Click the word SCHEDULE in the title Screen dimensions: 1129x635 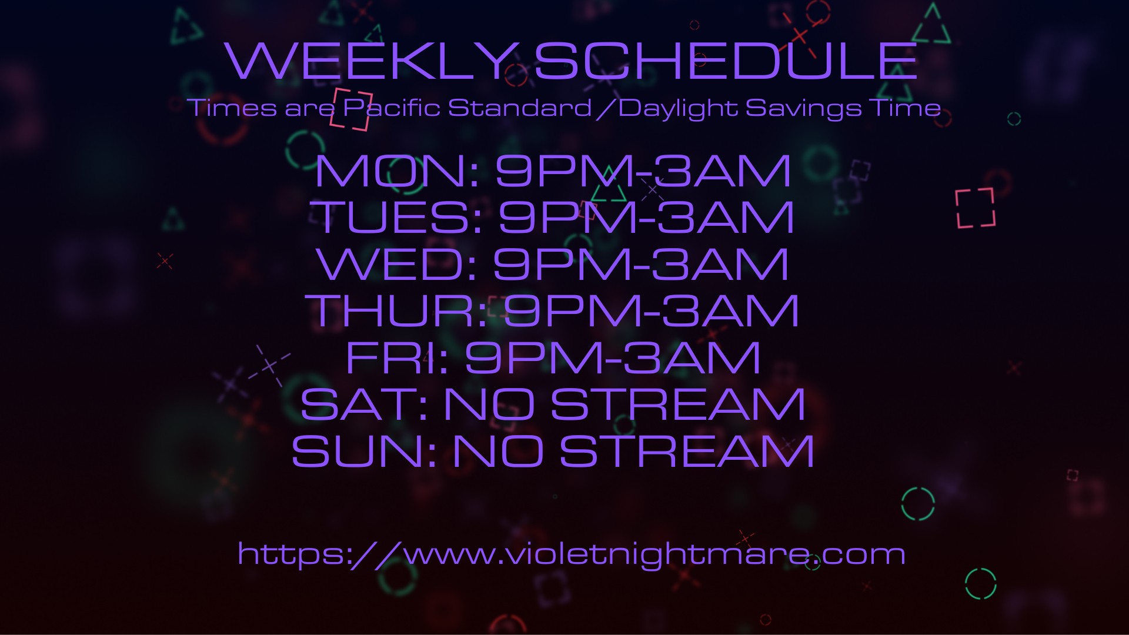click(726, 61)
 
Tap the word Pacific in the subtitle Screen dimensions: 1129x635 click(392, 108)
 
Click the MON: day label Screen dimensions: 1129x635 click(398, 171)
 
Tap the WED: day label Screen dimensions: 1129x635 click(397, 264)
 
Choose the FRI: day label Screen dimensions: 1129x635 click(398, 357)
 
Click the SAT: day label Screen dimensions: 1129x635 click(364, 404)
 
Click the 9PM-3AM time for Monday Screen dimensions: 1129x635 click(643, 171)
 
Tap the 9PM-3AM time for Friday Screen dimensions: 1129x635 click(613, 357)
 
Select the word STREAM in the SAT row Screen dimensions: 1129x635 click(677, 404)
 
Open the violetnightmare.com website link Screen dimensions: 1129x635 click(571, 554)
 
